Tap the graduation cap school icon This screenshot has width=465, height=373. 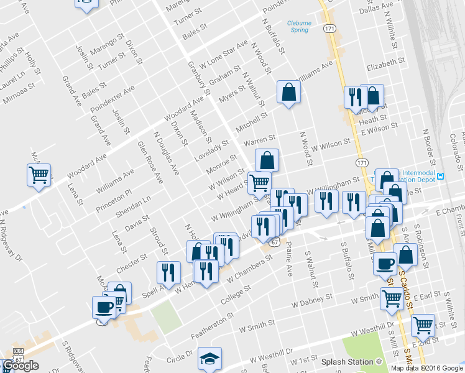pos(210,359)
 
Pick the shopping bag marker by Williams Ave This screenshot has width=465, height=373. pos(288,93)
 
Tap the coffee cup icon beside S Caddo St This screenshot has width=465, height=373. pos(385,263)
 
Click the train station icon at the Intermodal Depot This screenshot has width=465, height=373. pos(441,176)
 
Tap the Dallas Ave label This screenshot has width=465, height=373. pos(377,8)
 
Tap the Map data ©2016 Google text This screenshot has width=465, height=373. pos(426,368)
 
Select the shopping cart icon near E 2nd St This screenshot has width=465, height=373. pos(423,324)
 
